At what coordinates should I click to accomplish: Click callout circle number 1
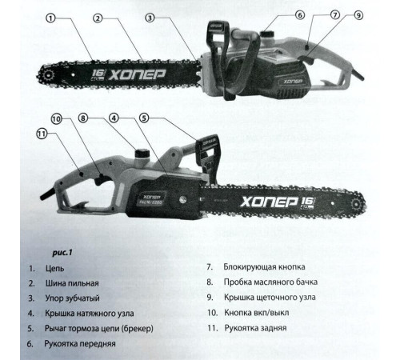[x=50, y=18]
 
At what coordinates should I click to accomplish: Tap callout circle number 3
[x=150, y=18]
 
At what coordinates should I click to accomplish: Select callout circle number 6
[x=300, y=15]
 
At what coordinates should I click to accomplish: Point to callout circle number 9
[x=358, y=15]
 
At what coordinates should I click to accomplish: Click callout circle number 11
[x=42, y=134]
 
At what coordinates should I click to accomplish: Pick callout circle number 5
[x=144, y=118]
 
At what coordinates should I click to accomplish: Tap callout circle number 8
[x=83, y=118]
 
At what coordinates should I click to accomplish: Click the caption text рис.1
[x=62, y=252]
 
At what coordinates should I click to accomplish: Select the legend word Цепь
[x=55, y=268]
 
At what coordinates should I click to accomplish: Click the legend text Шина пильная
[x=72, y=283]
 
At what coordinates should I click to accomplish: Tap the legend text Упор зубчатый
[x=72, y=298]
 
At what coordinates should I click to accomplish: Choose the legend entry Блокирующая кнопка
[x=264, y=267]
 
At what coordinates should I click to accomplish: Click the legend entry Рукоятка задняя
[x=255, y=328]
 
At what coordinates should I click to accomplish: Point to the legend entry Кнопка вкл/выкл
[x=257, y=313]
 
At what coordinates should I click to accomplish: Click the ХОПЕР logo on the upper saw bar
[x=137, y=75]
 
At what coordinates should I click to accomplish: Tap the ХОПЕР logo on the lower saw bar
[x=269, y=202]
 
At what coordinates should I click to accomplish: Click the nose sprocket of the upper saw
[x=48, y=75]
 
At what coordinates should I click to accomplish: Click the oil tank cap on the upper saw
[x=267, y=34]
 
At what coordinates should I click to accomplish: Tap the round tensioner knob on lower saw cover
[x=182, y=199]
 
